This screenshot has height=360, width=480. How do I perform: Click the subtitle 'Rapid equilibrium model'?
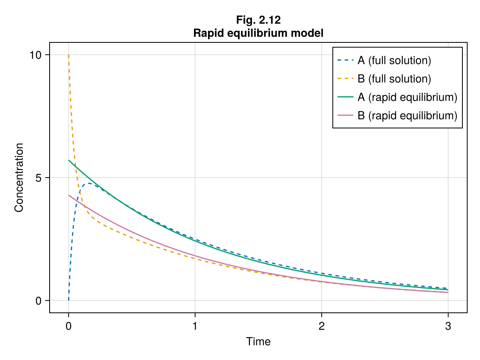[x=258, y=33]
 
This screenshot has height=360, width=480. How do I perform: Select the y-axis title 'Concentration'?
[x=19, y=177]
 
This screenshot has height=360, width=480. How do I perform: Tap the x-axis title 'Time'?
[x=258, y=342]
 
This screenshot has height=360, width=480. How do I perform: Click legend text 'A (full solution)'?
[x=394, y=61]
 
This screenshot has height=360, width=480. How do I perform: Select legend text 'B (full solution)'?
[x=394, y=79]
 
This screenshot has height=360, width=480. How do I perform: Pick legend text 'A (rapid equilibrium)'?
[x=407, y=97]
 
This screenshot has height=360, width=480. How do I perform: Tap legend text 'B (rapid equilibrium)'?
[x=407, y=116]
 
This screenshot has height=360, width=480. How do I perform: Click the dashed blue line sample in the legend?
[x=346, y=61]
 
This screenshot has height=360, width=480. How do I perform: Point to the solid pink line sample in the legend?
[x=346, y=116]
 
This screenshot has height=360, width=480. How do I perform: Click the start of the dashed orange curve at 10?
[x=68, y=55]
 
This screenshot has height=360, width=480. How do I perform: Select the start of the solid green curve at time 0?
[x=69, y=160]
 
